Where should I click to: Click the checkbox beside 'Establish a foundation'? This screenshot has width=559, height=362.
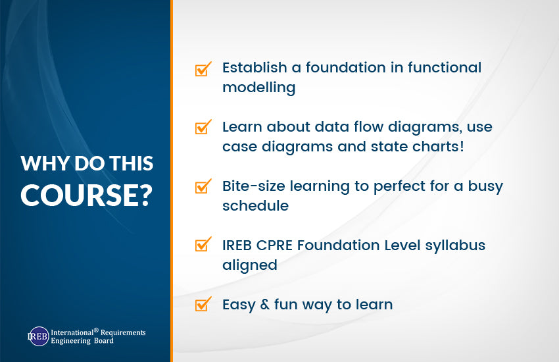tap(203, 69)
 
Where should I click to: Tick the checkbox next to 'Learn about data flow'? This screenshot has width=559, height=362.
tap(203, 128)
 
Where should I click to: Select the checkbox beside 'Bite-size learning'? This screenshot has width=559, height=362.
tap(203, 187)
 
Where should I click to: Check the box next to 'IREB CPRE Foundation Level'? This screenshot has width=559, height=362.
tap(203, 246)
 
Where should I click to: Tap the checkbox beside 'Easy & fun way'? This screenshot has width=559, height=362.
tap(203, 305)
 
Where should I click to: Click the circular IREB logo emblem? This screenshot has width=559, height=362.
tap(38, 336)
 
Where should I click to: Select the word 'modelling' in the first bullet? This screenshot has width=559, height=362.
tap(258, 88)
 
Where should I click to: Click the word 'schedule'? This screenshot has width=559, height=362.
tap(255, 205)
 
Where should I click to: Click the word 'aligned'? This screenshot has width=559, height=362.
tap(249, 265)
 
